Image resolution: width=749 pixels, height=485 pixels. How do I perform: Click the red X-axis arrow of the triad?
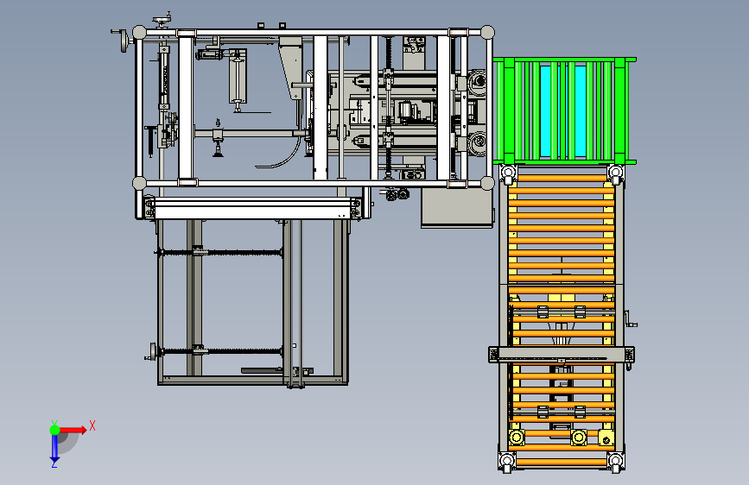73,430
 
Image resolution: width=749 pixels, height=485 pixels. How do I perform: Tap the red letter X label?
92,425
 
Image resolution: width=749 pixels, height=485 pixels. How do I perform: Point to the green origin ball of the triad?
54,430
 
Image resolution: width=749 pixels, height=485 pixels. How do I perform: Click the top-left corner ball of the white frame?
139,33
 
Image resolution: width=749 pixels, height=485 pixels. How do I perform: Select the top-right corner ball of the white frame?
487,33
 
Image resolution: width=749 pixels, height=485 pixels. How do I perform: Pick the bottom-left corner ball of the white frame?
139,183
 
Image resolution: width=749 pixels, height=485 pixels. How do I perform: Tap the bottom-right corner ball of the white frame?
487,183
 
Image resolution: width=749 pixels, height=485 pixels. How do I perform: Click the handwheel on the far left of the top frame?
124,41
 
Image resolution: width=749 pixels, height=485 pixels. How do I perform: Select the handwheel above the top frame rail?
162,21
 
